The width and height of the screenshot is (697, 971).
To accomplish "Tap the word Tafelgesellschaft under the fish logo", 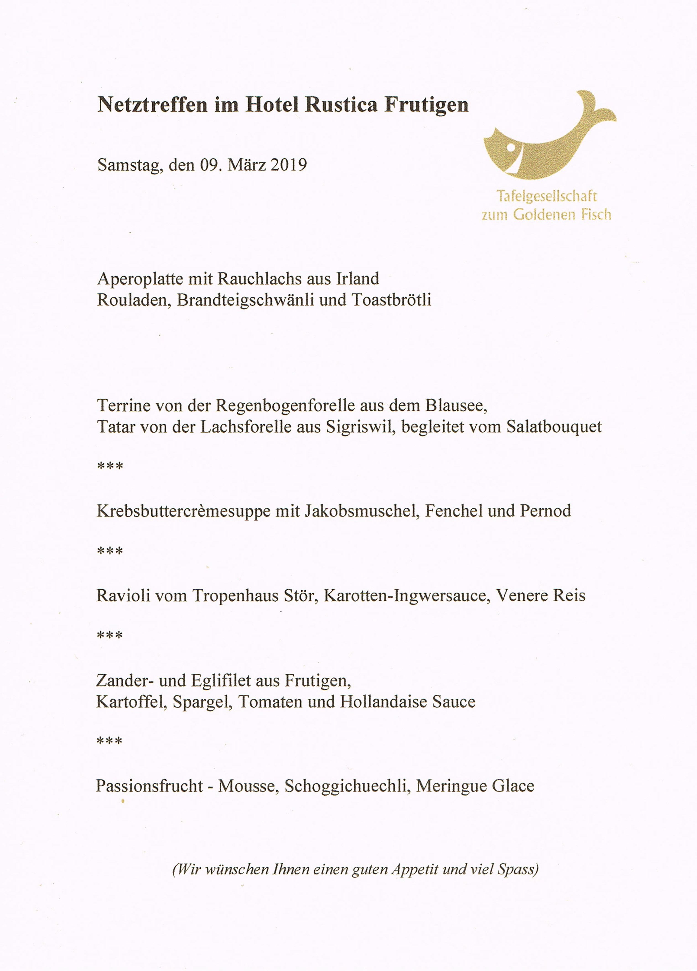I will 546,196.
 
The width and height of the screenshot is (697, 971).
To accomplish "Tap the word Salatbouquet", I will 554,427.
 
